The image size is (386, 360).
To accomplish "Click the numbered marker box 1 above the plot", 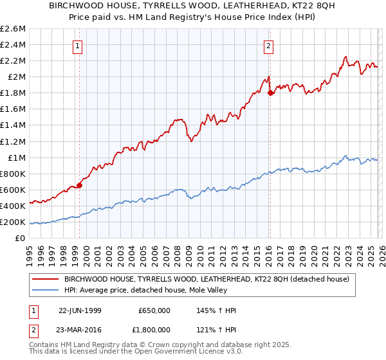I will [77, 46].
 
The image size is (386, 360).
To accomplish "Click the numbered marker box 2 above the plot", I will [268, 46].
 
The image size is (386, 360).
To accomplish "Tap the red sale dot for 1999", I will [80, 186].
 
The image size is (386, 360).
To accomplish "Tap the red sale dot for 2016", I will [270, 93].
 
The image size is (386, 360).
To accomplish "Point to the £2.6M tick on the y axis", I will [13, 29].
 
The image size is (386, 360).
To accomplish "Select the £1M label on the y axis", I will [15, 157].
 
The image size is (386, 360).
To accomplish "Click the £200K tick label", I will [13, 222].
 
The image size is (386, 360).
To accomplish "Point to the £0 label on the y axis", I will [20, 238].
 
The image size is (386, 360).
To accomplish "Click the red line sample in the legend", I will [45, 279].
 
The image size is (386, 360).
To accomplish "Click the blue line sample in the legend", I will [45, 290].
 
